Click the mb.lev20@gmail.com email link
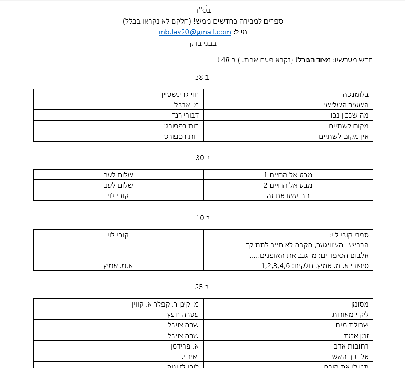195,32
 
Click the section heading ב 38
202,77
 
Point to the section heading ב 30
202,158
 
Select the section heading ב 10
202,218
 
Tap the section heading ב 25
202,287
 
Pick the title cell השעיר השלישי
348,105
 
